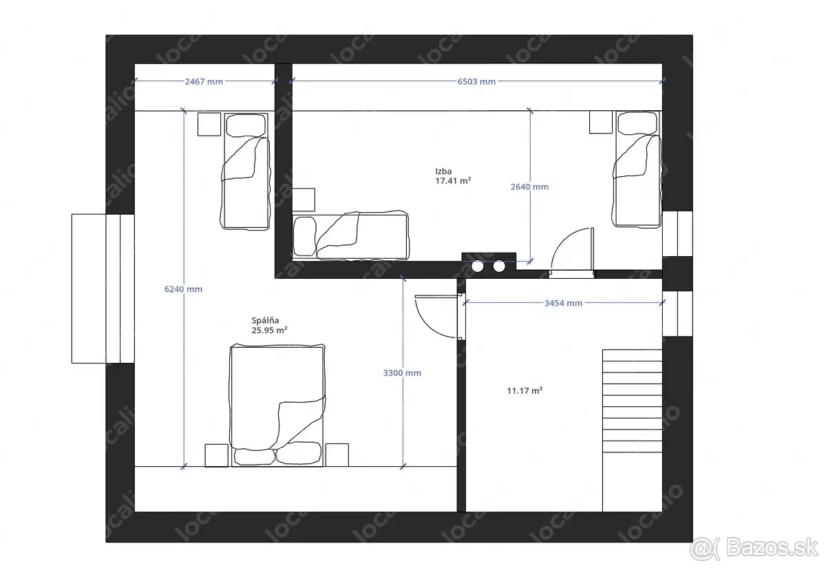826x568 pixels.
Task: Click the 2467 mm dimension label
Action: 204,81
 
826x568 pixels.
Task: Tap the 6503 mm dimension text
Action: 476,81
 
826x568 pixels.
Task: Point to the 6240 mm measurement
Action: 183,289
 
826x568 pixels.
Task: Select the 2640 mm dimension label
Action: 529,187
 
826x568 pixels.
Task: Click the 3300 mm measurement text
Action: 402,373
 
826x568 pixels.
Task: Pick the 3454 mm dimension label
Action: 564,303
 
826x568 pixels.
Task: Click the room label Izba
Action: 443,171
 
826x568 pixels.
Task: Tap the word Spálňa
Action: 265,321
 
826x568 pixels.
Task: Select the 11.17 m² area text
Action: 525,390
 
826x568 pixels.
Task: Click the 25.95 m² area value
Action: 269,330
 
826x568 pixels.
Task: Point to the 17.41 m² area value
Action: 453,180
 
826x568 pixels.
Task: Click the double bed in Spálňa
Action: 277,406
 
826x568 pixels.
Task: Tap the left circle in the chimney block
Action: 478,266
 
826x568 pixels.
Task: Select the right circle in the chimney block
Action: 499,266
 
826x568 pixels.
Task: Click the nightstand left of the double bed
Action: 216,456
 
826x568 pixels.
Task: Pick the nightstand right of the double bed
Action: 337,455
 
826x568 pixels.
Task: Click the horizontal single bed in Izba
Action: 350,235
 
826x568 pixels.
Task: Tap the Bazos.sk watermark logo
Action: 754,549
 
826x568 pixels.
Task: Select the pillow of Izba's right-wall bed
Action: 637,123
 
